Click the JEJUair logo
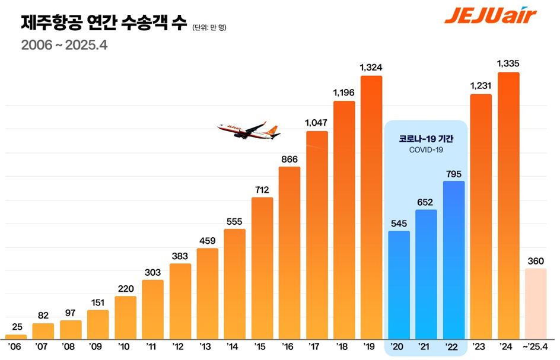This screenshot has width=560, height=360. click(489, 15)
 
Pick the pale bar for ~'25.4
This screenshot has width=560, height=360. click(536, 302)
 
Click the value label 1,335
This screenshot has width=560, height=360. click(508, 63)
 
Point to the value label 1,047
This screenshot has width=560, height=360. click(317, 122)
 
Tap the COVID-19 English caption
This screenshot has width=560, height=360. click(426, 150)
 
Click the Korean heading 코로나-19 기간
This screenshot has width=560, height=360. click(426, 139)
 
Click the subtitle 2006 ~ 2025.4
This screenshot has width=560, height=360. click(63, 45)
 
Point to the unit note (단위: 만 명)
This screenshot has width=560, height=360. click(209, 27)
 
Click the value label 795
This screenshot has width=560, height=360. click(454, 173)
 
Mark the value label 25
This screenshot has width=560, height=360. click(16, 326)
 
